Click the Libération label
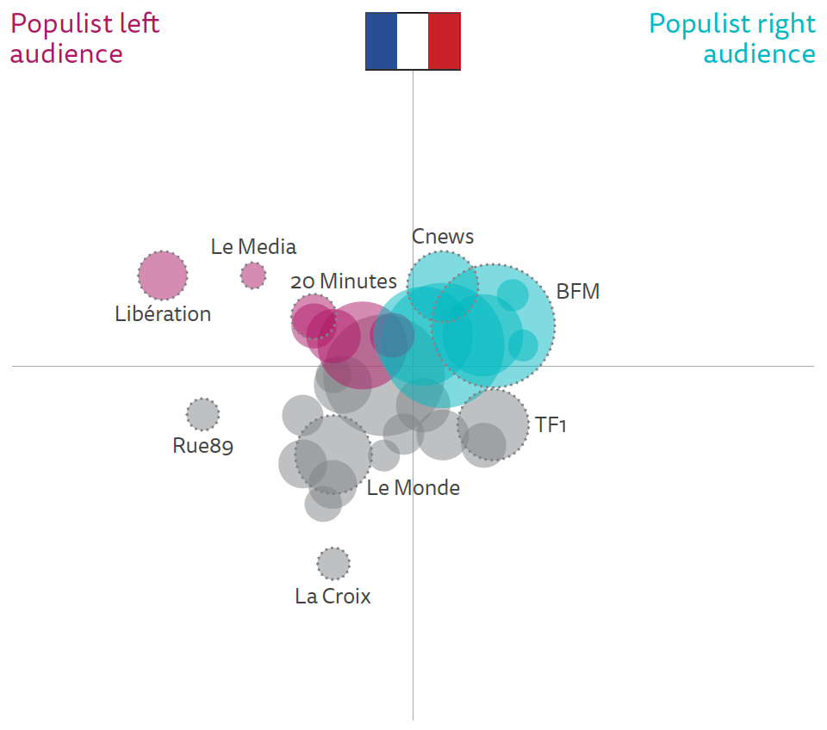click(163, 314)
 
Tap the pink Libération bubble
click(163, 275)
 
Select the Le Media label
click(253, 247)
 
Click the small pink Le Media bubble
click(253, 275)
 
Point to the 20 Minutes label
click(344, 281)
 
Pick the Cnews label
click(443, 237)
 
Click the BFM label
click(577, 292)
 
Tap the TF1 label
click(550, 424)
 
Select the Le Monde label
click(413, 488)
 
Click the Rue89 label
click(203, 446)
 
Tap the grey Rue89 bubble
click(203, 415)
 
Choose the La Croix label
click(333, 596)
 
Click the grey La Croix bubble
click(333, 564)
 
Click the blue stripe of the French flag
click(381, 40)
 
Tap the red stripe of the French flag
click(445, 40)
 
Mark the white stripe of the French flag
click(413, 40)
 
